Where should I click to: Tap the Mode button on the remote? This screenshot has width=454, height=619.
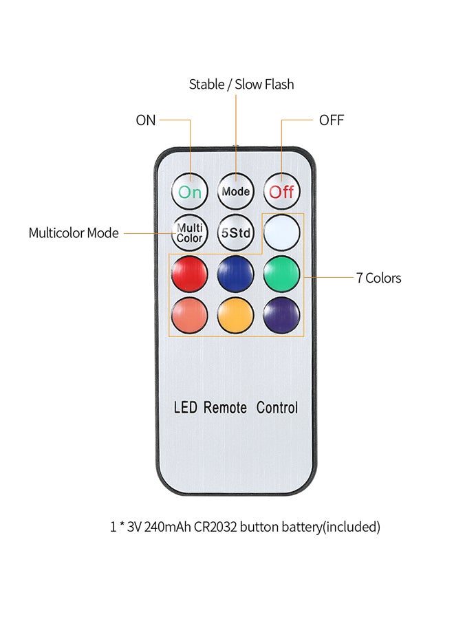(x=236, y=191)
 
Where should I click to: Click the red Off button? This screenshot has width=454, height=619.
(x=281, y=191)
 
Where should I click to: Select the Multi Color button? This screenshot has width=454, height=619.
(x=190, y=232)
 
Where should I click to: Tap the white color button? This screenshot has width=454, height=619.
(x=282, y=232)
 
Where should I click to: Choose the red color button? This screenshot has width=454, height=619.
(x=190, y=274)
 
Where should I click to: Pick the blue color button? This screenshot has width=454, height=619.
(x=236, y=274)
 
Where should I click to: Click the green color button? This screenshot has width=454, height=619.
(x=281, y=274)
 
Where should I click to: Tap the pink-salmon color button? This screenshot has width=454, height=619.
(x=190, y=315)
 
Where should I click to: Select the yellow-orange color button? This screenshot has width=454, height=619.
(x=236, y=315)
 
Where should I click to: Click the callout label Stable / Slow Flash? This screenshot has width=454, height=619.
(x=241, y=85)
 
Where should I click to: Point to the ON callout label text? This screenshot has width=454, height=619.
(x=146, y=120)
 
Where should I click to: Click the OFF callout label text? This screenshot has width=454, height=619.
(x=331, y=120)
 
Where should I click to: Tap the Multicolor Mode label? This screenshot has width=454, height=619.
(x=74, y=233)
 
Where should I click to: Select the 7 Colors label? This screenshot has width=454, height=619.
(x=378, y=279)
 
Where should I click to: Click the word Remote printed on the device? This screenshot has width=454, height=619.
(x=225, y=408)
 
